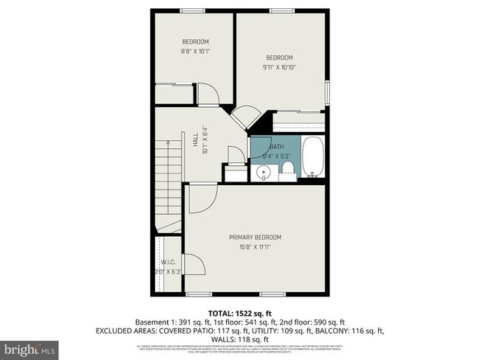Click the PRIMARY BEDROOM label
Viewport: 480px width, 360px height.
point(255,237)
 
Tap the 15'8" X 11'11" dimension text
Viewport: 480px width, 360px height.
point(255,247)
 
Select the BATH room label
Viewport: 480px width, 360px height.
point(276,147)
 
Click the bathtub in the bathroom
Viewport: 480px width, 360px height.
point(313,157)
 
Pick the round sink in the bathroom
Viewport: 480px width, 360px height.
point(263,174)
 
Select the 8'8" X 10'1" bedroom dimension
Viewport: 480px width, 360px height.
point(195,52)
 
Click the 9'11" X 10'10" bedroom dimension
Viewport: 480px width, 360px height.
point(280,68)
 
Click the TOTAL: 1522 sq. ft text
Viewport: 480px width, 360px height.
point(240,313)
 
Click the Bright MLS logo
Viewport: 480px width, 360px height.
point(30,347)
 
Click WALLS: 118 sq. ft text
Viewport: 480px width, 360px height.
point(239,340)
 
